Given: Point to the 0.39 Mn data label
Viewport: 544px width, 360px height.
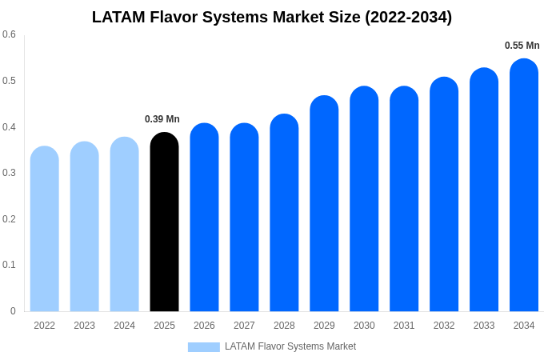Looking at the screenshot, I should [162, 119].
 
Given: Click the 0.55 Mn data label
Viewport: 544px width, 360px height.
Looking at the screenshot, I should [522, 46].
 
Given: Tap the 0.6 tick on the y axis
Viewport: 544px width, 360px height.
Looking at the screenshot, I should [9, 34].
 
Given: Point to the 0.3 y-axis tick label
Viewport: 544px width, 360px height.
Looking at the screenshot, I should [9, 173].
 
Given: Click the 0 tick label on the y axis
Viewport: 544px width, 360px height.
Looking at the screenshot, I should [13, 311].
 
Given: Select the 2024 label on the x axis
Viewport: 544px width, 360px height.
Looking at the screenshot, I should [124, 326].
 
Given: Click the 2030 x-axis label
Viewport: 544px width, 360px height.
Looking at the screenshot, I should [364, 326].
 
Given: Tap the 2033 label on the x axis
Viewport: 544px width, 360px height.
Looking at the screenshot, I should [484, 326].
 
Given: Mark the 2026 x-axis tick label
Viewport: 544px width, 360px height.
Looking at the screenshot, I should [204, 326].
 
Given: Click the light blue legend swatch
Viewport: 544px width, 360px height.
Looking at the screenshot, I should [203, 346].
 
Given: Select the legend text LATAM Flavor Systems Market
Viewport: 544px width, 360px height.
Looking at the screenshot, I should [290, 346].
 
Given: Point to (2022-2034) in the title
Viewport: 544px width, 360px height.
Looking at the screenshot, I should [408, 17].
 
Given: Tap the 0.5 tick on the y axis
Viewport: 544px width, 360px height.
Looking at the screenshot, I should [9, 81].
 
